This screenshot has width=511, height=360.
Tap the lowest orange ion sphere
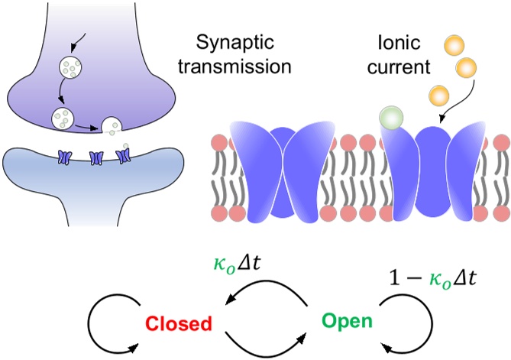point(438,96)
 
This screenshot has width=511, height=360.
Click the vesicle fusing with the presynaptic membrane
point(112,125)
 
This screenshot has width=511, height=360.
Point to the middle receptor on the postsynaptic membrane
point(96,157)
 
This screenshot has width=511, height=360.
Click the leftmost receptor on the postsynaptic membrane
point(64,157)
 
